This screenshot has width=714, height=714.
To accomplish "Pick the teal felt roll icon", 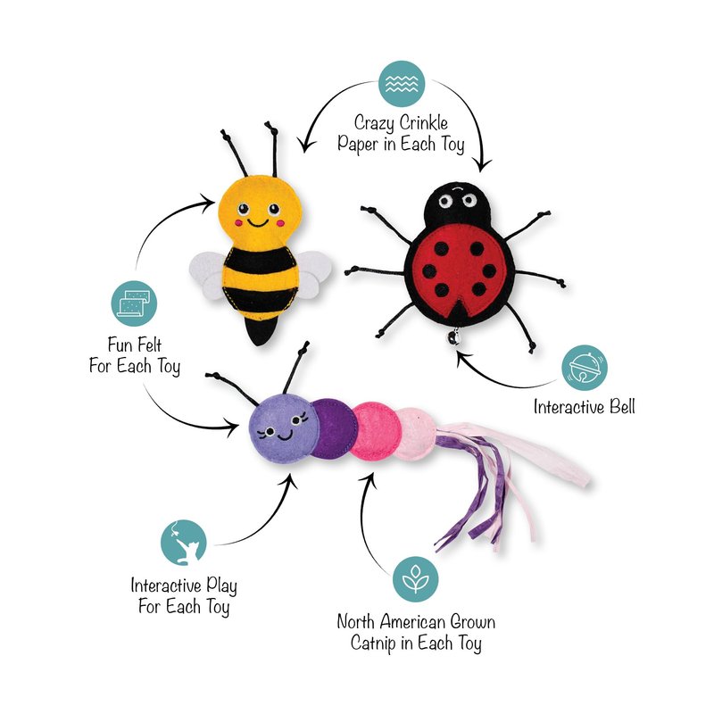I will [x=136, y=303].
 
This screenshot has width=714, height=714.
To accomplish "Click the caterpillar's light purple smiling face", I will [x=282, y=431].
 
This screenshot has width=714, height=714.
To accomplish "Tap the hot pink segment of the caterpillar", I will [x=372, y=431].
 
